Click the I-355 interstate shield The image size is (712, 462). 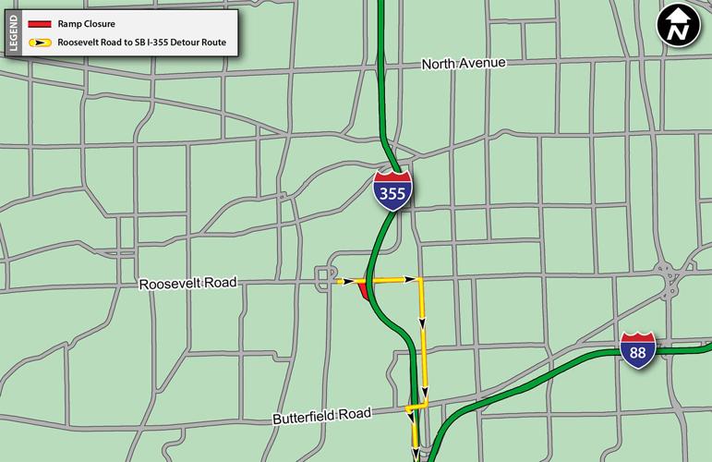pos(393,190)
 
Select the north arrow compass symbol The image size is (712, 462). pos(679,27)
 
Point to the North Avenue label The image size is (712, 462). pos(464,64)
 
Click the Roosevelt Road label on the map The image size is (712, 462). pos(188,284)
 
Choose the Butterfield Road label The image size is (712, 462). pos(321,416)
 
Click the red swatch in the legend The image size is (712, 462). pos(39,24)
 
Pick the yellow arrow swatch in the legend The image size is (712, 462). pos(39,43)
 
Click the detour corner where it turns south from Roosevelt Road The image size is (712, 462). pos(419,280)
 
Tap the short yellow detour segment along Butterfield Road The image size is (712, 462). pos(416,406)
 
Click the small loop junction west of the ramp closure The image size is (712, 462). pos(325,277)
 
